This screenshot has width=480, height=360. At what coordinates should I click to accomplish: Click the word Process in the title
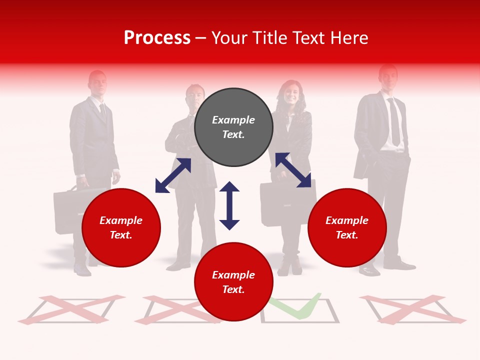[157, 38]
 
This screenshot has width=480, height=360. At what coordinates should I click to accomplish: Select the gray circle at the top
[233, 127]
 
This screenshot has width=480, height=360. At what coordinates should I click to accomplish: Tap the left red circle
[121, 227]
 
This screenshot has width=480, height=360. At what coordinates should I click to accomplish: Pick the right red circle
[347, 227]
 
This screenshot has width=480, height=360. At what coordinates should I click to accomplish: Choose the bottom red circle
[233, 282]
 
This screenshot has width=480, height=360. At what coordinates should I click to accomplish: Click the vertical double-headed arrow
[229, 205]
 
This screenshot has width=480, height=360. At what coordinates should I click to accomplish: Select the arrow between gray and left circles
[173, 175]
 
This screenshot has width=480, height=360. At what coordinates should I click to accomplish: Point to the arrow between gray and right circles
[293, 170]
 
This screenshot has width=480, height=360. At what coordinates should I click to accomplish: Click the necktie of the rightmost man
[394, 123]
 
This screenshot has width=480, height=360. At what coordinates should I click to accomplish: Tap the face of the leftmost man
[97, 82]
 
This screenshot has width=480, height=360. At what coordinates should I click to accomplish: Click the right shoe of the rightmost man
[399, 264]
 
